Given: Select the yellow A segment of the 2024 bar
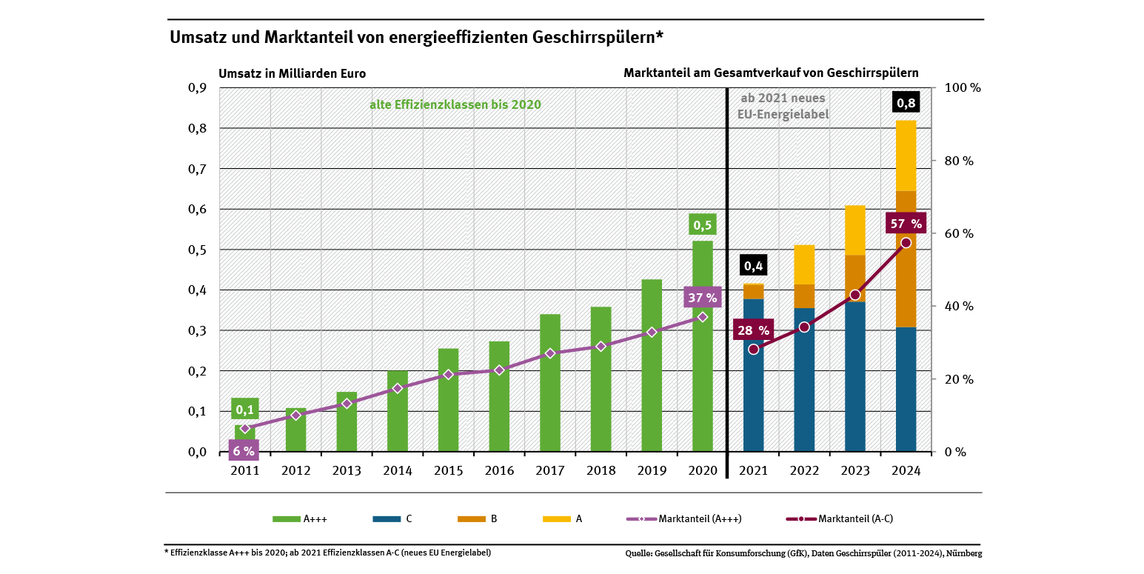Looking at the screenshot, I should pos(906,156).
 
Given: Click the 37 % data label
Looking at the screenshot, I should pos(702,298).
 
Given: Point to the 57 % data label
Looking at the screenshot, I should pos(906,223).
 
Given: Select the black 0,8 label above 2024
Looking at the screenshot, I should pos(906,103).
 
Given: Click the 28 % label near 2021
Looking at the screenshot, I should pos(753,330).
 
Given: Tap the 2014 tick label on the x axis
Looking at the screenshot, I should pos(398,471).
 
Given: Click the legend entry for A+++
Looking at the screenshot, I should pos(300,518).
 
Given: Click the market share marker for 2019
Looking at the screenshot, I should pos(652,332).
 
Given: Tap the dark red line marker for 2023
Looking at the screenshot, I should pos(855,295).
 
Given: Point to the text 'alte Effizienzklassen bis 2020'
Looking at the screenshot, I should pos(455,104).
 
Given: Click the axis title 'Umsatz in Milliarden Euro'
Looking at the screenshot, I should pos(292,73).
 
